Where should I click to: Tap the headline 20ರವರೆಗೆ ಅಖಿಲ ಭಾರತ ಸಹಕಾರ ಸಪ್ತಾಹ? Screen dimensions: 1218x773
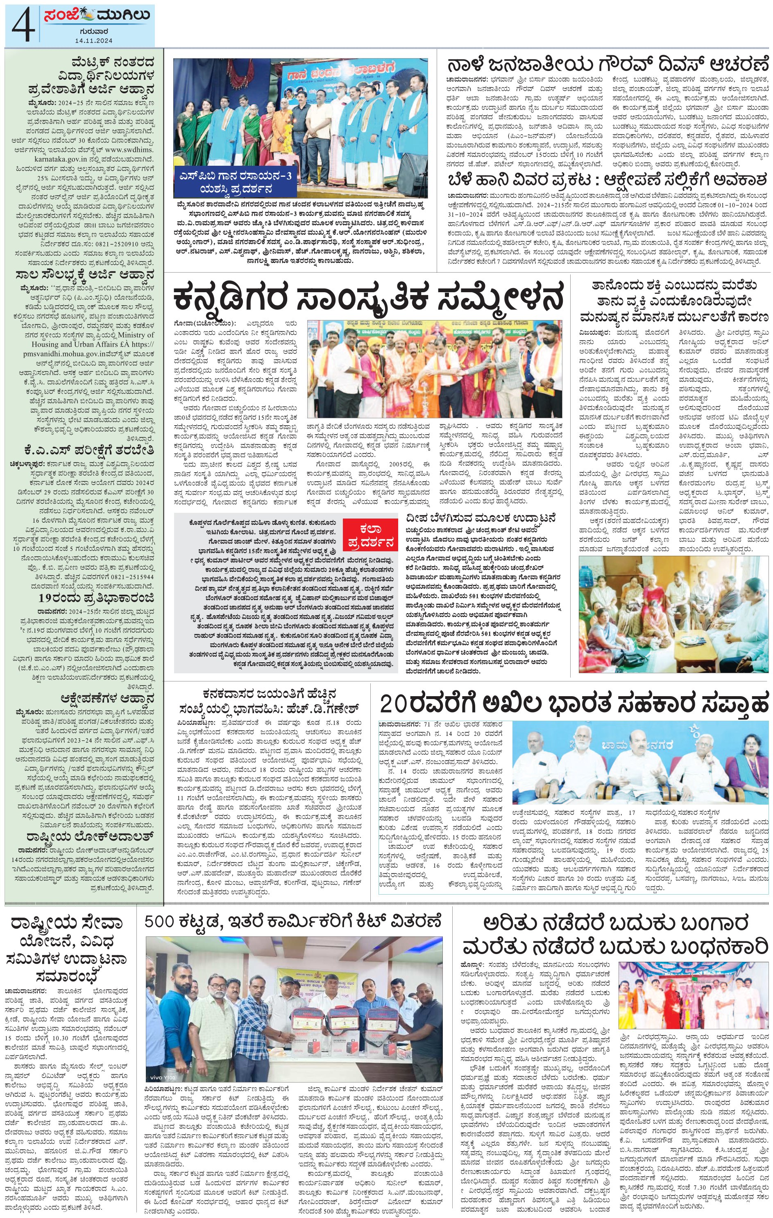(575, 703)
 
